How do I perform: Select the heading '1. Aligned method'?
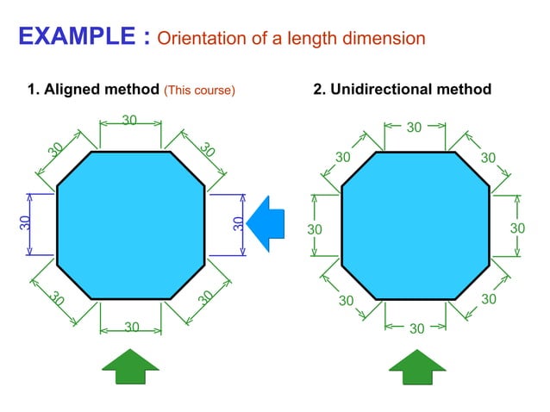pos(94,90)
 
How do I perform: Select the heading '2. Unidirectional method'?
pos(403,90)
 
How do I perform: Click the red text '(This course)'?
pos(200,90)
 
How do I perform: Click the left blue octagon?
pos(130,225)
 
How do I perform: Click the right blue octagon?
pos(416,225)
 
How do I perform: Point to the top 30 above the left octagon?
pos(130,121)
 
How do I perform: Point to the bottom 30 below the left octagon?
pos(131,328)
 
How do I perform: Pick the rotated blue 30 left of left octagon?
pos(25,223)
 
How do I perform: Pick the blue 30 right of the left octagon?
pos(238,223)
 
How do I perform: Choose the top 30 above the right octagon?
pos(414,128)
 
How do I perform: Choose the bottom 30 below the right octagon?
pos(416,328)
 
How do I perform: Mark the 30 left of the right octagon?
pos(315,229)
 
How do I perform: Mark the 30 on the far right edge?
pos(517,228)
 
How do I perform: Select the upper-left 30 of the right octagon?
pos(343,158)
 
